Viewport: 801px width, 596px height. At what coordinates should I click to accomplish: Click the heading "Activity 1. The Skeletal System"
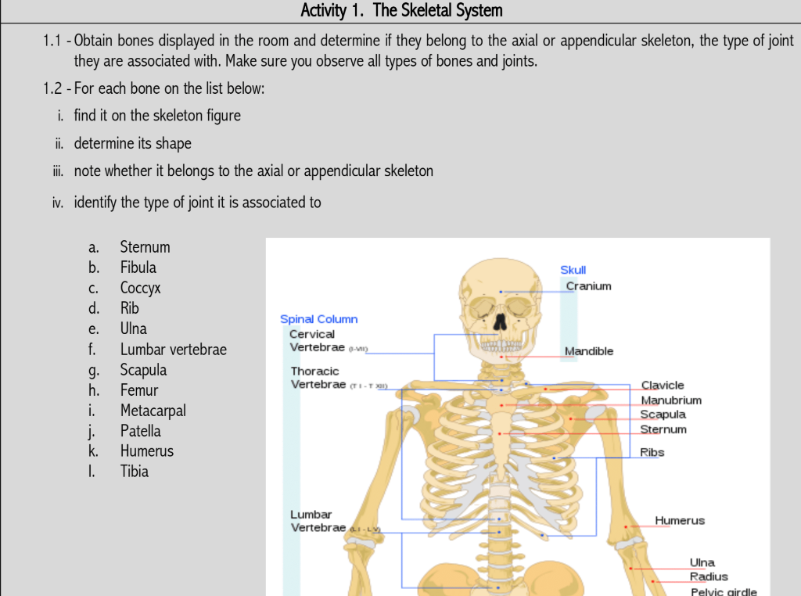pos(401,11)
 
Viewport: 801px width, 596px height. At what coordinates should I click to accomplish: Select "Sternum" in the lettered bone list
pos(145,247)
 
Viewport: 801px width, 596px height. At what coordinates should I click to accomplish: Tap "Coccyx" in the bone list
pos(140,288)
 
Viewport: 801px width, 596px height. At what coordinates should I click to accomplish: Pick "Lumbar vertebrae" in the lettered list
pos(173,350)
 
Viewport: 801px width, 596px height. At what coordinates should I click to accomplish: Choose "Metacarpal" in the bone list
pos(153,411)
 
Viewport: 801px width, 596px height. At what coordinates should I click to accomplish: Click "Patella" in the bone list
pos(140,431)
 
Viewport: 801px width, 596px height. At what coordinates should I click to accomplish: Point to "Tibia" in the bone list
pos(134,472)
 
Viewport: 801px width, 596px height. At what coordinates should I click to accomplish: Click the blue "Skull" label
pos(573,270)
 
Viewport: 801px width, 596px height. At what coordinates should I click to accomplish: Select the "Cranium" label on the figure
pos(588,285)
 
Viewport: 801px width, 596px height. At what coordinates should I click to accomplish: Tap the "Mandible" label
pos(589,351)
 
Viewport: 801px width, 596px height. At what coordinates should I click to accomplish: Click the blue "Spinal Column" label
pos(318,319)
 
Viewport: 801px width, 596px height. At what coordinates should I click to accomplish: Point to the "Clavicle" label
pos(663,385)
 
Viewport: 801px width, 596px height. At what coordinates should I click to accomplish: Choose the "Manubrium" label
pos(671,400)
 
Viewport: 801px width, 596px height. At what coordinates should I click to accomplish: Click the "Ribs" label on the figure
pos(652,452)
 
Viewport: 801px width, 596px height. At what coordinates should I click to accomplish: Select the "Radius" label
pos(708,576)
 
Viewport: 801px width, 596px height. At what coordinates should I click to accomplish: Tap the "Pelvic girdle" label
pos(723,591)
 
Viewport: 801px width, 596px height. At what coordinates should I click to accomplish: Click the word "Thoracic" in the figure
pos(314,372)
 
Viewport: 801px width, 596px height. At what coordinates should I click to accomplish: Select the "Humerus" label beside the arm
pos(680,520)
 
